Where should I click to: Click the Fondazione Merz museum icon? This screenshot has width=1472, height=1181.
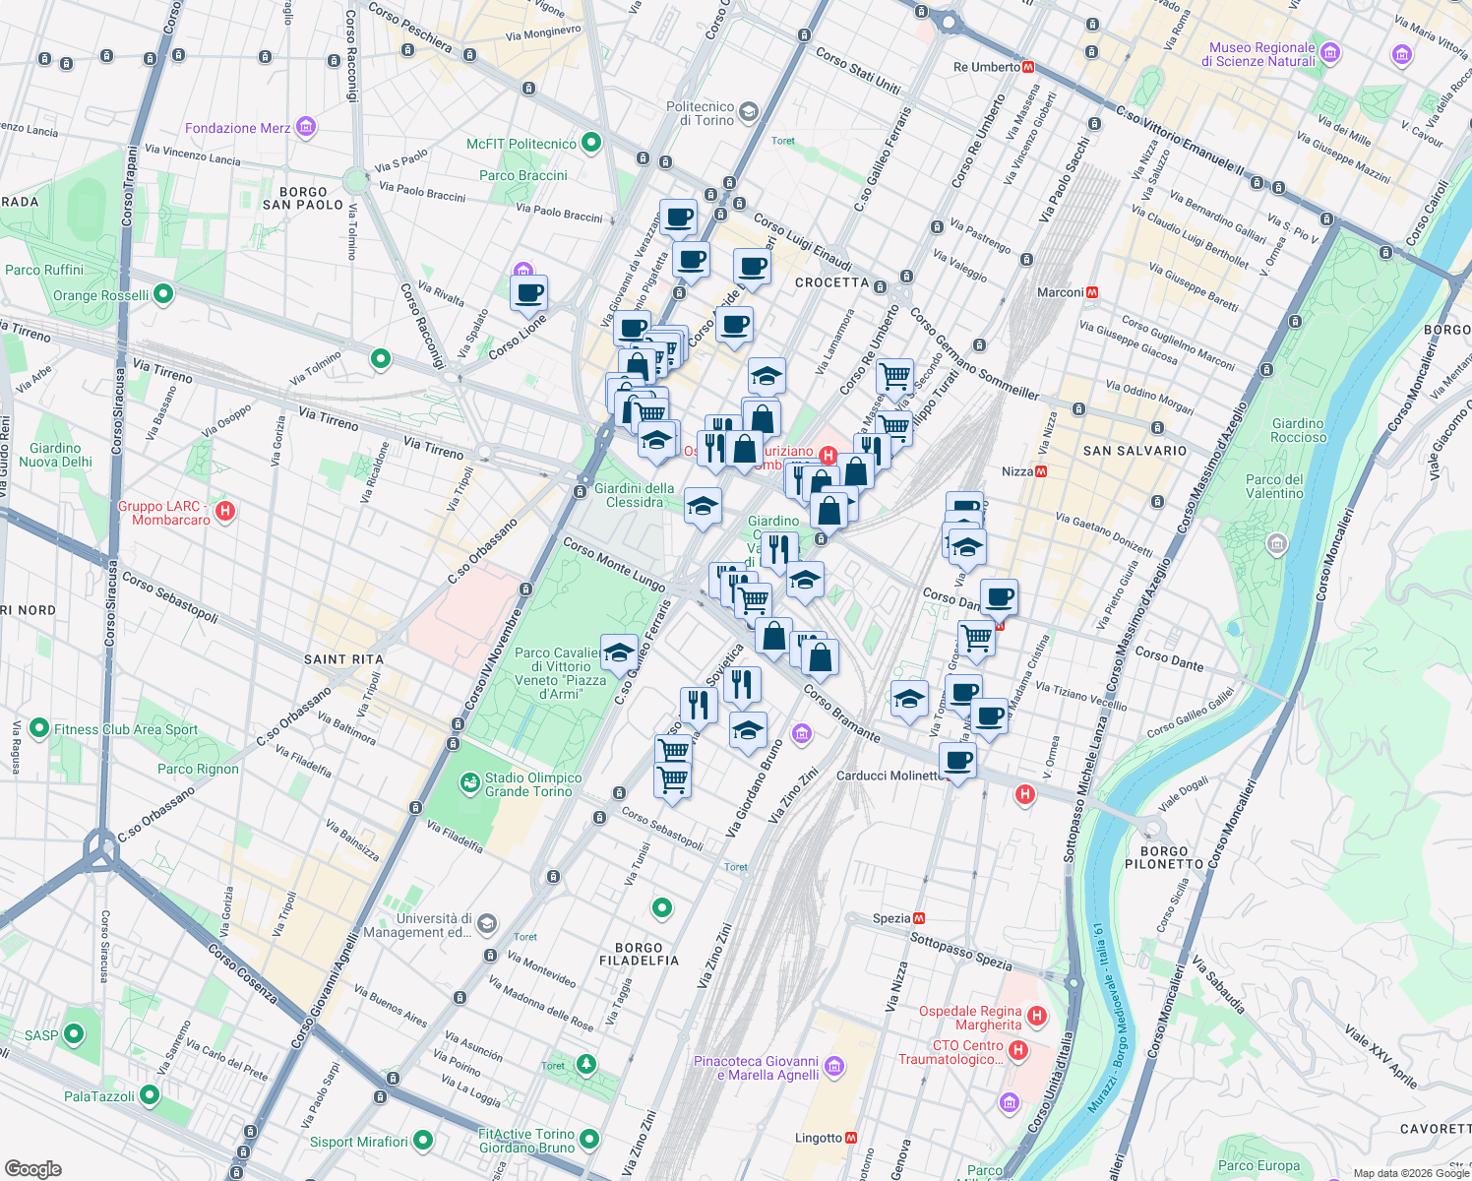(x=305, y=127)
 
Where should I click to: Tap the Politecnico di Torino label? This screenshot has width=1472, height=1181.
(x=700, y=113)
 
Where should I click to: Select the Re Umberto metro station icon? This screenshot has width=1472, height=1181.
(x=1028, y=67)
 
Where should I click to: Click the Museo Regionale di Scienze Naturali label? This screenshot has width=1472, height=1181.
(x=1261, y=54)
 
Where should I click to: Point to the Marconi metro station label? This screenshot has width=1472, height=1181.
(x=1060, y=292)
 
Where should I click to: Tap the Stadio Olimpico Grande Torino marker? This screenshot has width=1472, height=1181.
(x=470, y=783)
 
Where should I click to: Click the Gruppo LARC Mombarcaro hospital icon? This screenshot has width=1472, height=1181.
(x=224, y=511)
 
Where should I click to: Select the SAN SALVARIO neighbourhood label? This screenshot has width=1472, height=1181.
(x=1135, y=451)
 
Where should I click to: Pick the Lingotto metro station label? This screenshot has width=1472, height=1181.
(x=819, y=1138)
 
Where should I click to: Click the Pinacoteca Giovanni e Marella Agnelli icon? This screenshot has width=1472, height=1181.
(x=834, y=1066)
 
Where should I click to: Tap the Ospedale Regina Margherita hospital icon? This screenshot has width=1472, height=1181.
(x=1036, y=1016)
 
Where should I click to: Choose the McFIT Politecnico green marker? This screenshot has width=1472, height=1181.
(x=590, y=144)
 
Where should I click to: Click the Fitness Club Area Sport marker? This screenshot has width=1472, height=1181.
(x=39, y=728)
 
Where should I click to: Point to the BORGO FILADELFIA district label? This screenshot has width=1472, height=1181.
(x=639, y=954)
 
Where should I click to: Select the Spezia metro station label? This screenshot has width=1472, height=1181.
(x=891, y=918)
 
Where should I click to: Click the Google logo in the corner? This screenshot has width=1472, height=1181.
(x=33, y=1168)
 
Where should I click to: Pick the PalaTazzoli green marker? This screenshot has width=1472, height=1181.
(x=150, y=1094)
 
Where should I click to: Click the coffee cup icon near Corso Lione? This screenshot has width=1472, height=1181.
(x=528, y=292)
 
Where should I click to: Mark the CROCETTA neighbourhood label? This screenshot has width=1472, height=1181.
(x=831, y=282)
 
